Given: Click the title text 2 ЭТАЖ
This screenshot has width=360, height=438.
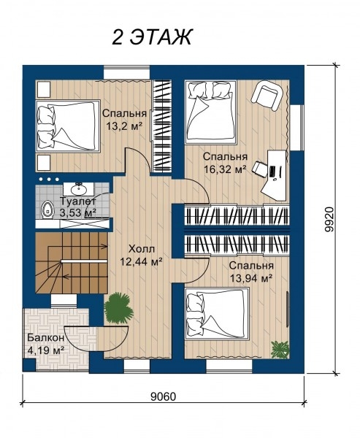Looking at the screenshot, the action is tap(152, 37).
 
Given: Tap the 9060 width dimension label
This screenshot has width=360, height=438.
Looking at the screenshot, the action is tap(164, 396).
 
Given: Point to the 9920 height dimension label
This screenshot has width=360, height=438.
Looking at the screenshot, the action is tap(330, 219).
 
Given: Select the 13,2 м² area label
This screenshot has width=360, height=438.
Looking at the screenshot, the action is tap(124, 126).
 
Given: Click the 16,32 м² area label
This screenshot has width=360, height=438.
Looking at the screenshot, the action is tap(225, 169).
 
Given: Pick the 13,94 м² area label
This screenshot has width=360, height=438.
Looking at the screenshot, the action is tap(251, 278).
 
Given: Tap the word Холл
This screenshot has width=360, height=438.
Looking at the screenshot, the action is tap(142, 249).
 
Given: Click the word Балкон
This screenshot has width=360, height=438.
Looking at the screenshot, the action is tap(46, 338).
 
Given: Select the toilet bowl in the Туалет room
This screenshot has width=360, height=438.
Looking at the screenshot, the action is tap(47, 210).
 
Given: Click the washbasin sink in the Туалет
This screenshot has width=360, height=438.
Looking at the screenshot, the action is tap(78, 189).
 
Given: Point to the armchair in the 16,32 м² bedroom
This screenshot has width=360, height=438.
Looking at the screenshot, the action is tap(267, 95).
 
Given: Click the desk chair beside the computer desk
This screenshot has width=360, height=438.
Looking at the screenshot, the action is tap(260, 169).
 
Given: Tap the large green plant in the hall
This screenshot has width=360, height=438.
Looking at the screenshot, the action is tap(118, 309).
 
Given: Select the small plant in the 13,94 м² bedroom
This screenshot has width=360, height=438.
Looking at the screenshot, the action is tap(280, 349).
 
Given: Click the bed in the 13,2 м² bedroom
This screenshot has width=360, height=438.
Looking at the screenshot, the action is tap(68, 126).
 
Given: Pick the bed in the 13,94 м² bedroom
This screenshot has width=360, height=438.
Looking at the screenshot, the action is tap(217, 314).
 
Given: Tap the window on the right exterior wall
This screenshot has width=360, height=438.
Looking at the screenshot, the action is tap(296, 128).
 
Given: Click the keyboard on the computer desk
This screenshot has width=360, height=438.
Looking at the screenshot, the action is tap(272, 172).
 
